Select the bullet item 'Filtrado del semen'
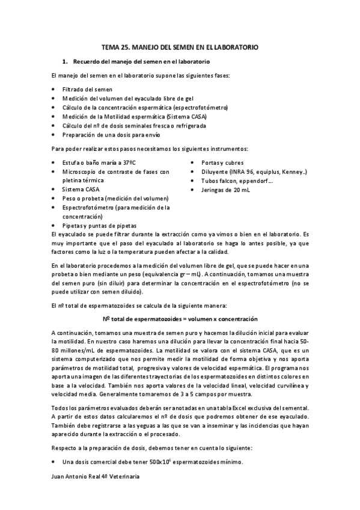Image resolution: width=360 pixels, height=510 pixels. coord(87,89)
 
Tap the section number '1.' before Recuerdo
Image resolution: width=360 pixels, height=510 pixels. coord(66,62)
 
